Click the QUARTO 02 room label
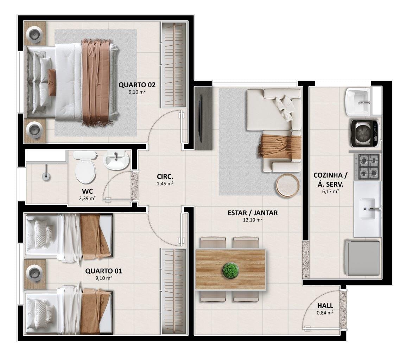(137, 85)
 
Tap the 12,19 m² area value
(253, 220)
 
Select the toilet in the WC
(85, 167)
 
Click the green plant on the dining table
(231, 270)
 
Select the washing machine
(365, 133)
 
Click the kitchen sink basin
(367, 209)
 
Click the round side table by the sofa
(288, 186)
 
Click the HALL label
(325, 306)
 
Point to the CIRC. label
(165, 176)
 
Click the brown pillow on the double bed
(52, 79)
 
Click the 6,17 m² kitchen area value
(330, 192)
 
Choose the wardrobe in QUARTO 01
(173, 291)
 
